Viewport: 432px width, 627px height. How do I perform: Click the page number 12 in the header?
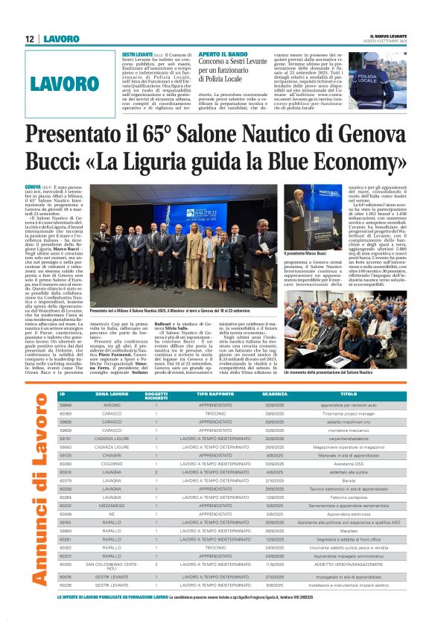point(29,38)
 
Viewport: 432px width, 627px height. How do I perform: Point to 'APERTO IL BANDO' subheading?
point(223,55)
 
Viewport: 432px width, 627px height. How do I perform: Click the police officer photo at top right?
point(377,79)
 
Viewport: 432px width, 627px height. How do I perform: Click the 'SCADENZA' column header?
point(275,394)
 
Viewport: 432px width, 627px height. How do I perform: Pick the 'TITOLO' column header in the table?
point(349,394)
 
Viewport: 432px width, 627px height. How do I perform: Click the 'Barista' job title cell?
point(349,480)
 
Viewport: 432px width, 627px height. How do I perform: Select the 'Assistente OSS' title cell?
point(349,463)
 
